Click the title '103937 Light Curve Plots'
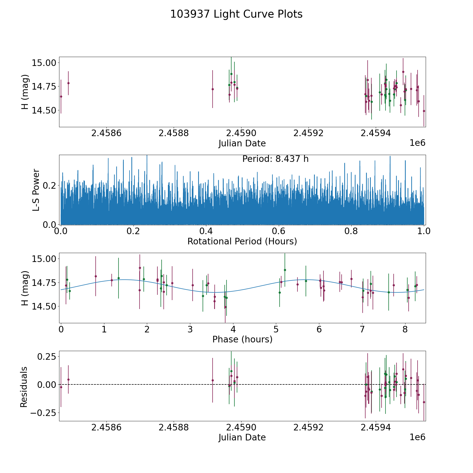tap(236, 14)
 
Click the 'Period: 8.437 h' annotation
tap(275, 159)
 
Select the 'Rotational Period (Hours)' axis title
tap(242, 241)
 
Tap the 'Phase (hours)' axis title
tap(242, 339)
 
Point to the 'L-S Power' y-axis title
tap(36, 190)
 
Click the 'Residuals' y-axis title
tap(24, 387)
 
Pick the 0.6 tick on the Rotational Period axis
tap(279, 231)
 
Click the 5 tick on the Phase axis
tap(276, 329)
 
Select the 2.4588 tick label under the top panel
tap(173, 133)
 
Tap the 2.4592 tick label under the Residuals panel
tap(308, 427)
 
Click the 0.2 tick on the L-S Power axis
tap(50, 186)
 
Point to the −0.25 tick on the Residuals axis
tap(43, 413)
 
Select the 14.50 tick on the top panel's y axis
tap(44, 110)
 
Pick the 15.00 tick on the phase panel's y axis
tap(44, 259)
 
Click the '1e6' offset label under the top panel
tap(418, 143)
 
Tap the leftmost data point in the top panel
tap(61, 96)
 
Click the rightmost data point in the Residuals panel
tap(424, 402)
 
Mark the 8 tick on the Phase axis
tap(405, 329)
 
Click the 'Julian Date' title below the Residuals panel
tap(242, 437)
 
